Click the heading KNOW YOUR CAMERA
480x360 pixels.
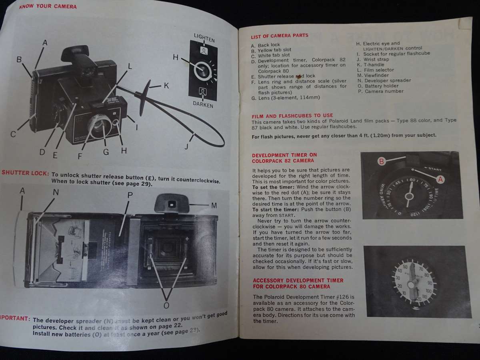point(48,6)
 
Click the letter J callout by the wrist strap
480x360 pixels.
point(186,147)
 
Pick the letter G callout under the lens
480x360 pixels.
point(106,152)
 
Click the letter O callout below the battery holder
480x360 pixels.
point(166,305)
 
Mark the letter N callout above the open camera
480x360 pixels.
point(56,192)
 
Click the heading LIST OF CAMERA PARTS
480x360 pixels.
point(280,36)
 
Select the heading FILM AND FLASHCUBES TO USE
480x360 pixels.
point(292,115)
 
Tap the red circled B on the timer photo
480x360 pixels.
point(382,162)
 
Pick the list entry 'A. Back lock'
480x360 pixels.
point(266,45)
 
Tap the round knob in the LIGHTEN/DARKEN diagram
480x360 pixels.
point(203,71)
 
